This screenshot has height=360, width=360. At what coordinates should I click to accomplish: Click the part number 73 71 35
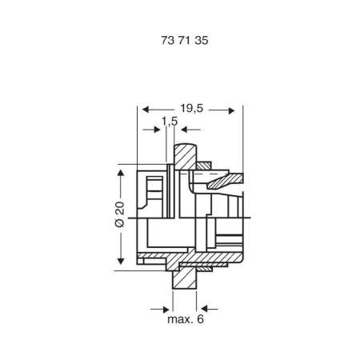(185, 41)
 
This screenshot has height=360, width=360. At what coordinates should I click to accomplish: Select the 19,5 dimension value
(192, 108)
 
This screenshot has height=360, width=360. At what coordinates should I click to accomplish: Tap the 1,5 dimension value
(170, 122)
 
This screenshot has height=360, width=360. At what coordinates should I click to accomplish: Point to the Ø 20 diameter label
(120, 214)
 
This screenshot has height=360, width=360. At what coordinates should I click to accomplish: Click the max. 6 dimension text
(186, 319)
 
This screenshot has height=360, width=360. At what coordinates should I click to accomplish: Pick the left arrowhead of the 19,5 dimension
(146, 110)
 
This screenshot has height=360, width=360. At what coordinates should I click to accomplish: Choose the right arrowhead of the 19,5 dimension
(231, 110)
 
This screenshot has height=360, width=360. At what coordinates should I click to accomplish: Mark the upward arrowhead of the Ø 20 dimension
(121, 172)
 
